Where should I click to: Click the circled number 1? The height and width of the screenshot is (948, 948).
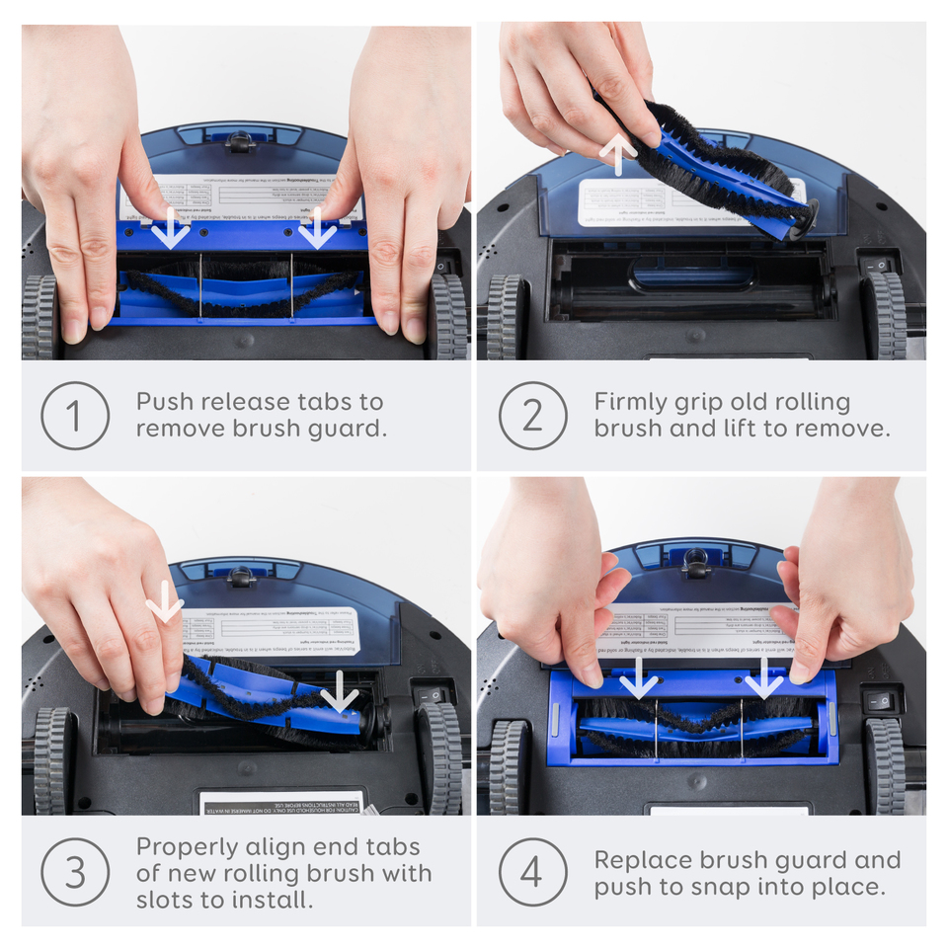(75, 416)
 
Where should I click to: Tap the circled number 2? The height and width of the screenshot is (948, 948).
(532, 416)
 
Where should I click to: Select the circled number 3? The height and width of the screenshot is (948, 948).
(75, 873)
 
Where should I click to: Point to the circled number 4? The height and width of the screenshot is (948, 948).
(532, 873)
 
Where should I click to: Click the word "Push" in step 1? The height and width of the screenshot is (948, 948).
(164, 402)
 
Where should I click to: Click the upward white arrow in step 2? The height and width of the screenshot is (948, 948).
(618, 154)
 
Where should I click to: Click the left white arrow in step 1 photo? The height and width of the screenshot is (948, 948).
(172, 229)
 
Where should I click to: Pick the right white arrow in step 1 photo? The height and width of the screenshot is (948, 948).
(317, 229)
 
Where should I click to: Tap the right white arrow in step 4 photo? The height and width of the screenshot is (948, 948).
(763, 678)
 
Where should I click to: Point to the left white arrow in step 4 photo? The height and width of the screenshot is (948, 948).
(639, 678)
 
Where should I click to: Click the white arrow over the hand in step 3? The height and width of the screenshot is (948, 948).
(164, 601)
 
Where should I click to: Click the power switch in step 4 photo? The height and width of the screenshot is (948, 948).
(880, 702)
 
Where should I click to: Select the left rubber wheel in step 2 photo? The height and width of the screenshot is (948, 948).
(506, 316)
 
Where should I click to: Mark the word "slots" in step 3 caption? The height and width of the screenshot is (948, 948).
(169, 901)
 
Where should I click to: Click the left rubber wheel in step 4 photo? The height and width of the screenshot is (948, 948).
(508, 766)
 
